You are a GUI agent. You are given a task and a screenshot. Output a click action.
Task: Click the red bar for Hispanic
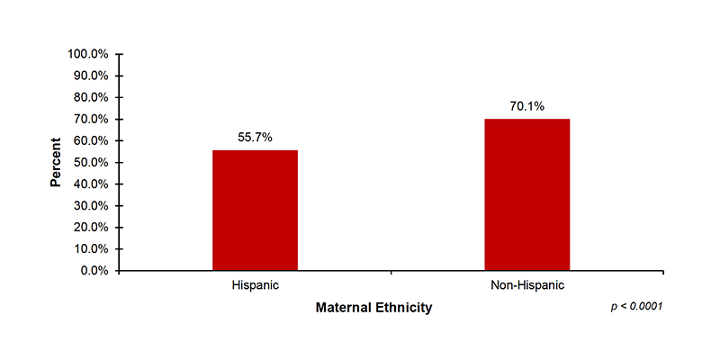pyautogui.click(x=255, y=210)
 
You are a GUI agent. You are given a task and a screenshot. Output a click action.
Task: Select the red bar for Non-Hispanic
pyautogui.click(x=526, y=194)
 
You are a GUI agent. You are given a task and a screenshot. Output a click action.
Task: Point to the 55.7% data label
pyautogui.click(x=255, y=137)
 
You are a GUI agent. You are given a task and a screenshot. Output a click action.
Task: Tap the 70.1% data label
pyautogui.click(x=526, y=106)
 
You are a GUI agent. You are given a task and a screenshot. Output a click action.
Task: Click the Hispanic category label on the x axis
pyautogui.click(x=255, y=286)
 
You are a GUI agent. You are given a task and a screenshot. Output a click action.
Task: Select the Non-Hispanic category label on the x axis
pyautogui.click(x=526, y=286)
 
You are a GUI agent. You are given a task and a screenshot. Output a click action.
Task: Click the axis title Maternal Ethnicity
pyautogui.click(x=373, y=308)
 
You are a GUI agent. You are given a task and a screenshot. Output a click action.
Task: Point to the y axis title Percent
pyautogui.click(x=56, y=162)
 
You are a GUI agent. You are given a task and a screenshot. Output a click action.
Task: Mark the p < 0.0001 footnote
pyautogui.click(x=636, y=307)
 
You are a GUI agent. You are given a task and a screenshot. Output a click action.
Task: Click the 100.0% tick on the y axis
pyautogui.click(x=88, y=54)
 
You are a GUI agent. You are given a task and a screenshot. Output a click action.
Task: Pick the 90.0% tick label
pyautogui.click(x=91, y=76)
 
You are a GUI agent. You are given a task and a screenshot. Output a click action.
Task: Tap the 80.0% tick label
pyautogui.click(x=91, y=97)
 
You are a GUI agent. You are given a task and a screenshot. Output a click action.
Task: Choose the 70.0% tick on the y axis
pyautogui.click(x=91, y=119)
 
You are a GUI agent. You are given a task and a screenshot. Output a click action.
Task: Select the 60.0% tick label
pyautogui.click(x=91, y=140)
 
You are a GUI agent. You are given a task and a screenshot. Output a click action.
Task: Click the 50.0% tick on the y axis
pyautogui.click(x=91, y=162)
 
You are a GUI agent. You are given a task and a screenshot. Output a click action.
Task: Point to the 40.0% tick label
pyautogui.click(x=91, y=184)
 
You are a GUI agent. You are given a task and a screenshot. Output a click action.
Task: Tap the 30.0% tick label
pyautogui.click(x=91, y=205)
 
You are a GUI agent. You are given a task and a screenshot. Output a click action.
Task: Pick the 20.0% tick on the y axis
pyautogui.click(x=91, y=227)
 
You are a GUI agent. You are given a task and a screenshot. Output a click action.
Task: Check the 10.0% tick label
pyautogui.click(x=91, y=248)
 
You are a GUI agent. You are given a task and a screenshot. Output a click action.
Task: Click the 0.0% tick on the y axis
pyautogui.click(x=94, y=270)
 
